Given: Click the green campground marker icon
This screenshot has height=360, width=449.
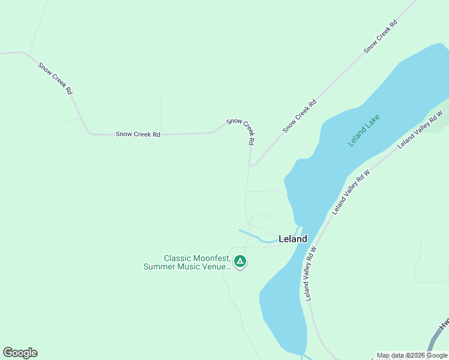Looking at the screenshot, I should [240, 261].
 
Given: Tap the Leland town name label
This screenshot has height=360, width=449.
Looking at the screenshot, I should [293, 239].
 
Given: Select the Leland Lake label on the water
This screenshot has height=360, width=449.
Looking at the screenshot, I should [364, 131].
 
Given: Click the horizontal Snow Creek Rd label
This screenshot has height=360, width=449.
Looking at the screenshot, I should [138, 134].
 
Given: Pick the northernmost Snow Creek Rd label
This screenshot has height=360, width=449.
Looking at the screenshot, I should [381, 36].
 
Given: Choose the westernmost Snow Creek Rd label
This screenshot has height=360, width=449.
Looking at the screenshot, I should [55, 79].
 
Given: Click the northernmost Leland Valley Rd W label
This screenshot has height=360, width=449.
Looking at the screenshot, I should [420, 128].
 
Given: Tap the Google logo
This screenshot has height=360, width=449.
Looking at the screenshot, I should [20, 353].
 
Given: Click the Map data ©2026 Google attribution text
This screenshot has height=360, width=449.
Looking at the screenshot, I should [412, 355].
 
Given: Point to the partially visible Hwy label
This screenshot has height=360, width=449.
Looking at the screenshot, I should [444, 324].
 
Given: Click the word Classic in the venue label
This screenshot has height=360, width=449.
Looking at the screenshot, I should [178, 258].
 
